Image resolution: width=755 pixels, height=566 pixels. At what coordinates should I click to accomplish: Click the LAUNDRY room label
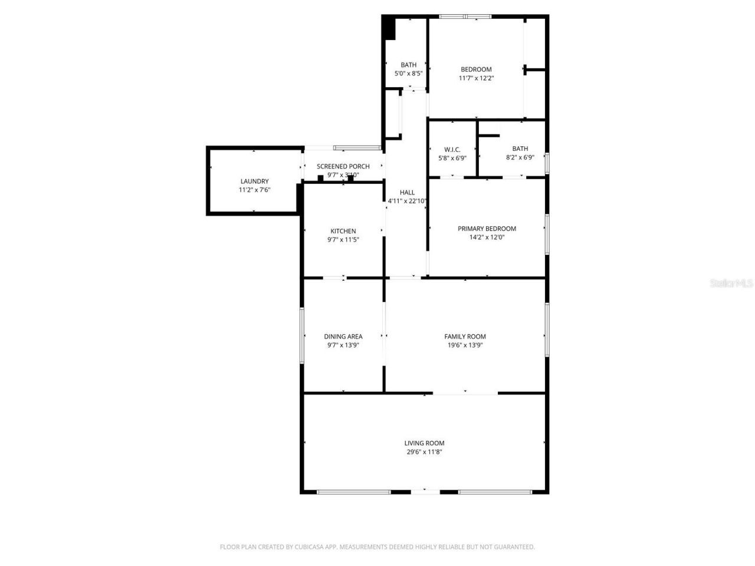(x=254, y=181)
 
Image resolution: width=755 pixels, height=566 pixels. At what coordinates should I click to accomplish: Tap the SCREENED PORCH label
(x=343, y=166)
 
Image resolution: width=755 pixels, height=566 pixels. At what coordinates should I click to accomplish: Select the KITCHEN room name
(x=343, y=231)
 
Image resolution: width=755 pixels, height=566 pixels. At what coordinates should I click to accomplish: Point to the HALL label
(x=407, y=192)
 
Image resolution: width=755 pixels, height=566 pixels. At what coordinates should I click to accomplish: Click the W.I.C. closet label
(x=452, y=149)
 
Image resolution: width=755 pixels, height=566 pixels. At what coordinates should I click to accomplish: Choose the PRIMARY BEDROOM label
(x=487, y=229)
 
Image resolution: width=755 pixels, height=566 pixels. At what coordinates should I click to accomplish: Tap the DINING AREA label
(x=343, y=337)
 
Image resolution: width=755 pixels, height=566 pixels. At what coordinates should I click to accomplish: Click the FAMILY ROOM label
(x=465, y=337)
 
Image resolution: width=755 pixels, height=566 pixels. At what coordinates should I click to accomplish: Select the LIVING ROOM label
(x=424, y=443)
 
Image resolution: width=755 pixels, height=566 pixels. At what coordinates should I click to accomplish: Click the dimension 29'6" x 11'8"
(x=424, y=452)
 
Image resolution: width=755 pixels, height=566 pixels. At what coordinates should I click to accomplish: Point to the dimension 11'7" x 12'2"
(x=476, y=78)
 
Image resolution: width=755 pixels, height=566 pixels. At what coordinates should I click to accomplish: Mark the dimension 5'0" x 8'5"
(x=408, y=74)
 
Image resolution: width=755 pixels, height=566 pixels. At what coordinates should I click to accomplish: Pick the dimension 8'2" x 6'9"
(x=520, y=157)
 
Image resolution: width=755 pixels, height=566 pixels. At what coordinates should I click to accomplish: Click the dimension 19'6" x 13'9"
(x=465, y=345)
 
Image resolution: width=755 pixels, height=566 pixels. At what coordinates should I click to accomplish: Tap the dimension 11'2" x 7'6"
(x=254, y=190)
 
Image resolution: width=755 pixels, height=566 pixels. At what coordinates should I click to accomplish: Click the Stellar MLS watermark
(x=731, y=284)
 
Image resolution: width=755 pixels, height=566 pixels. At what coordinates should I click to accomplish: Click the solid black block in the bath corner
(x=389, y=28)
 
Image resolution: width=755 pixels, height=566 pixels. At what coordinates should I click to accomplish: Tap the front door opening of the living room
(x=425, y=491)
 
